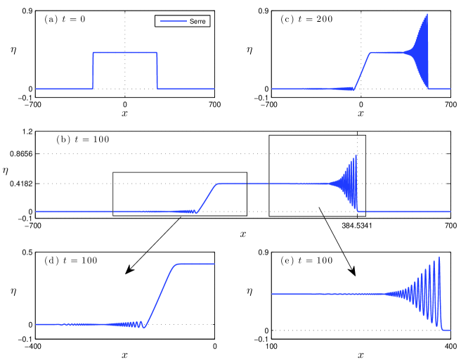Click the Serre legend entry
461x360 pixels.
(x=183, y=21)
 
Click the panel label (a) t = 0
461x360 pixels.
(x=65, y=19)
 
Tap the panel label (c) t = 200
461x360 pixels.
(x=306, y=19)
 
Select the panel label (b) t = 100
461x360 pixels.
(x=83, y=139)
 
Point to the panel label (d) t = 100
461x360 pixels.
(x=70, y=261)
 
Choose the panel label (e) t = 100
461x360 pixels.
(x=306, y=261)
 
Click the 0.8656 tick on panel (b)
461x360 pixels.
(x=21, y=154)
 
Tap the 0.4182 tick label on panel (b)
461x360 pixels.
(x=21, y=184)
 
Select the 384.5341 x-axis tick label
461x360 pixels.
(x=356, y=226)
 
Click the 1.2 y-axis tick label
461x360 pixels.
(x=27, y=131)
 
